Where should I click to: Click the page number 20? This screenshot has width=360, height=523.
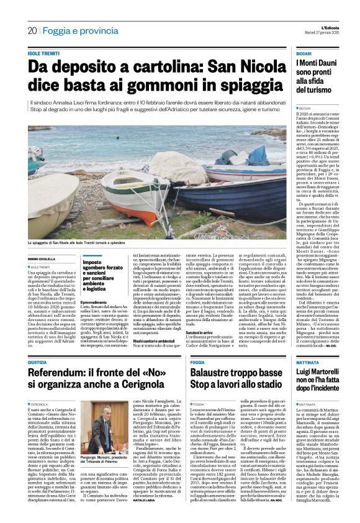[32, 30]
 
